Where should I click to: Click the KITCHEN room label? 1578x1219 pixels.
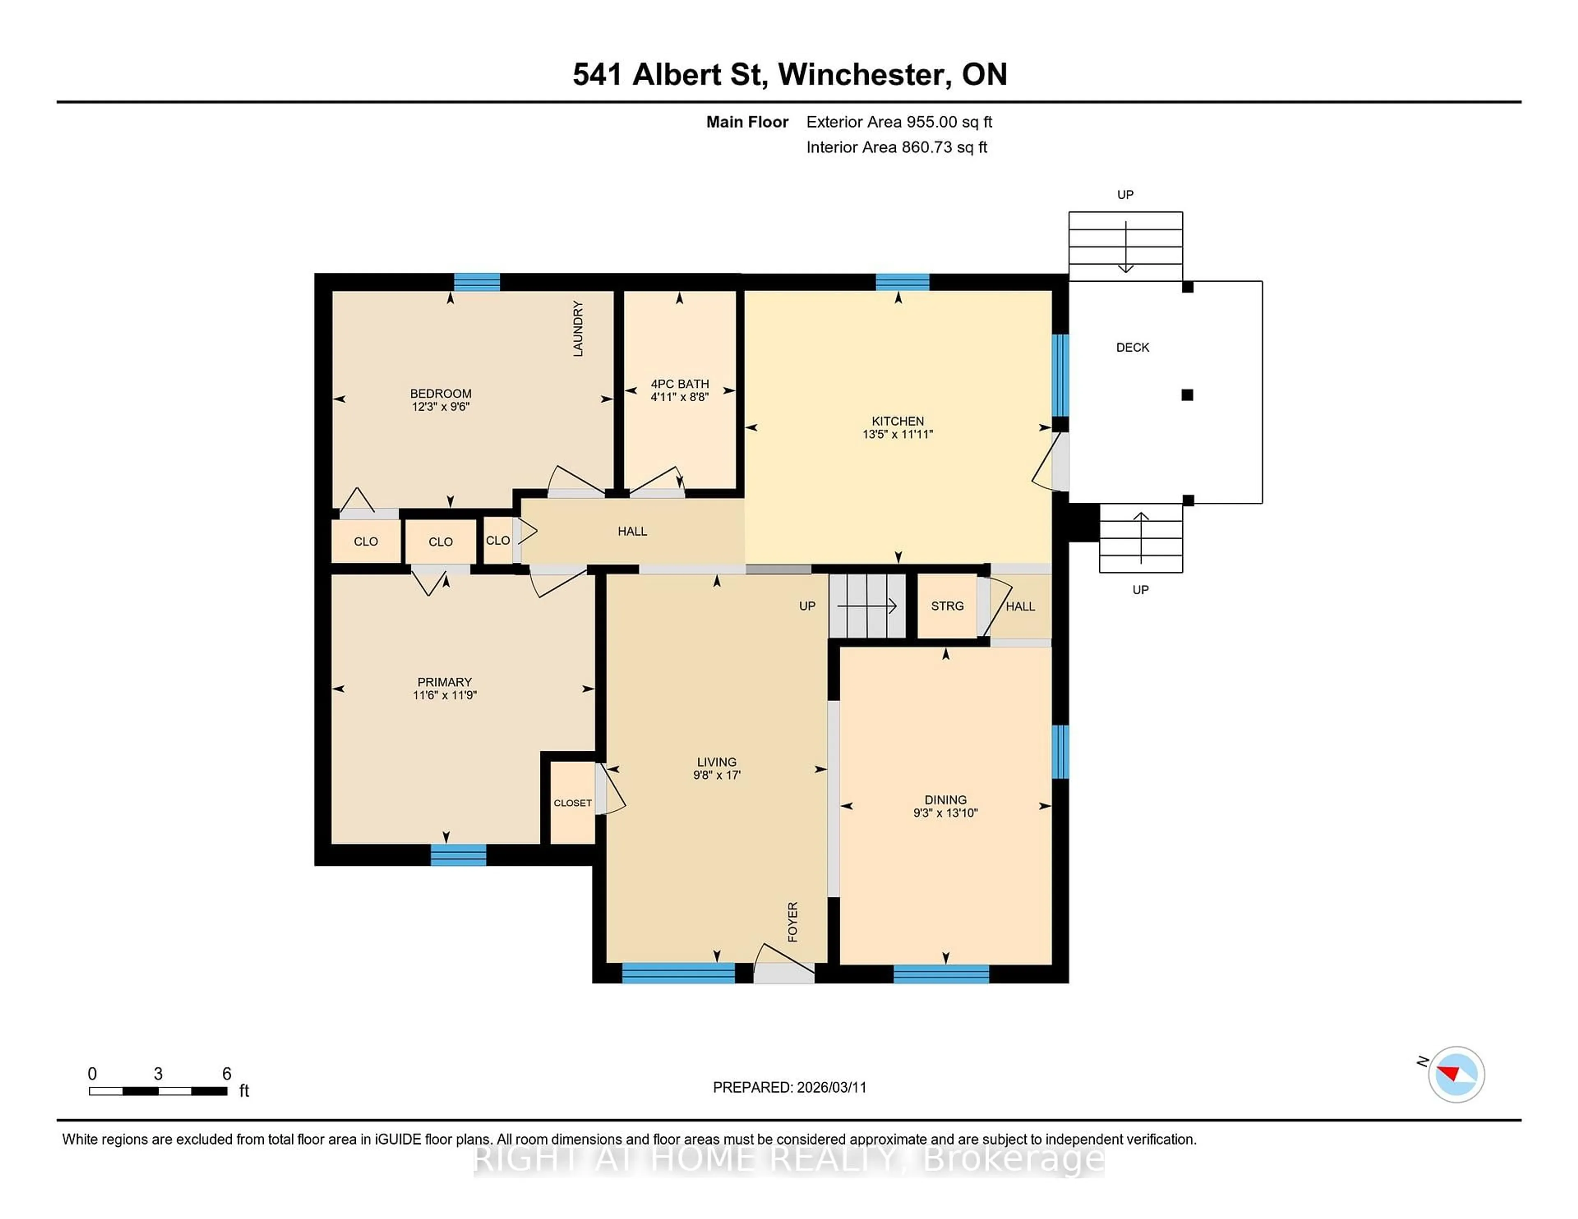pos(897,421)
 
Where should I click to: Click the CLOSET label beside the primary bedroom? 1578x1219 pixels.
pos(572,803)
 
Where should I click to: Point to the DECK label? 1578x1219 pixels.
pos(1132,347)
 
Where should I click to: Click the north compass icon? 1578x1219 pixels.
pos(1456,1074)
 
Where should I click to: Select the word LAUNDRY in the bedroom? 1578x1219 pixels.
pos(577,329)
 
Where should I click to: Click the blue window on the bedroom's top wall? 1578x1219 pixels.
pos(477,282)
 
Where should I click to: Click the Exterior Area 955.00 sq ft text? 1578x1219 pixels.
pos(899,122)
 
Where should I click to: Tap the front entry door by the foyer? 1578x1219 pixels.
pos(784,972)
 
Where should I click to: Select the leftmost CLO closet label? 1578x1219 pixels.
pos(366,542)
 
